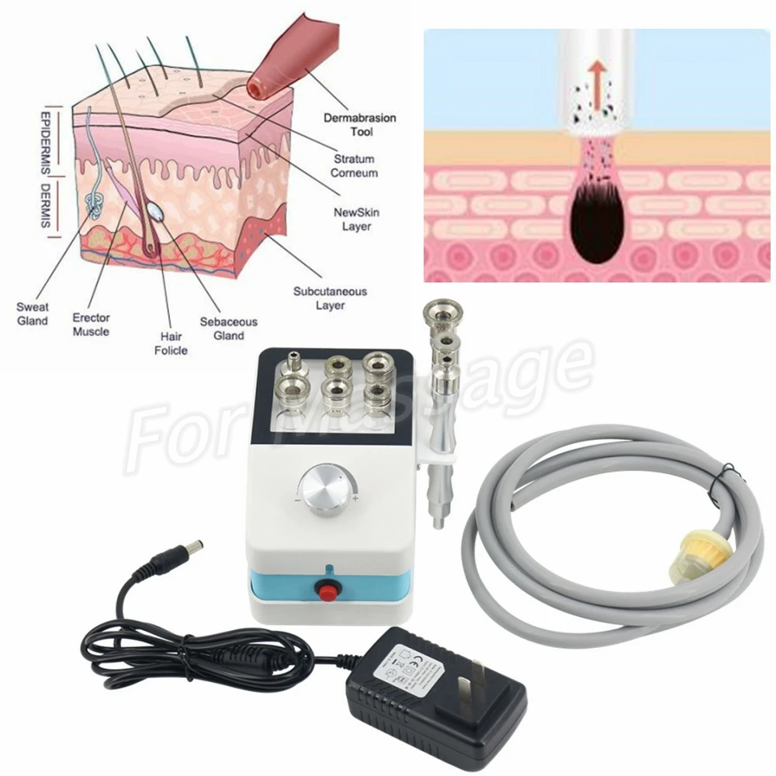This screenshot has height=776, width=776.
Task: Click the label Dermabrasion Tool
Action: click(x=360, y=125)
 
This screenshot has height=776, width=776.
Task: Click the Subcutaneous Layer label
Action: click(x=330, y=298)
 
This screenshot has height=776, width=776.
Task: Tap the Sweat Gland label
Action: click(x=32, y=314)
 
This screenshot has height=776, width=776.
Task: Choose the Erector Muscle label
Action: click(x=91, y=324)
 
